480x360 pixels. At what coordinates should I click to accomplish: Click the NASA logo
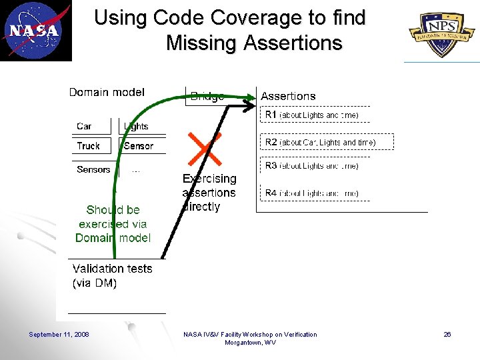35,31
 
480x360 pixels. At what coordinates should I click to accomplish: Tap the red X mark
205,149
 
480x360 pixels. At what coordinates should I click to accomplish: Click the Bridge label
207,97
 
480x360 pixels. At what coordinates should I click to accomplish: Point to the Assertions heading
288,97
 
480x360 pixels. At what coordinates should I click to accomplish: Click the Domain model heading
107,93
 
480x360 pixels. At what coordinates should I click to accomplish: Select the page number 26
447,335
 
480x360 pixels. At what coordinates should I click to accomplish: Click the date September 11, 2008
59,335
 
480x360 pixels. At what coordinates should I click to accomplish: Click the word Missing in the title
202,43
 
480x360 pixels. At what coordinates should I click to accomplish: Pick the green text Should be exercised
113,217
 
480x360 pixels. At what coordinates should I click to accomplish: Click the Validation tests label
112,269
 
